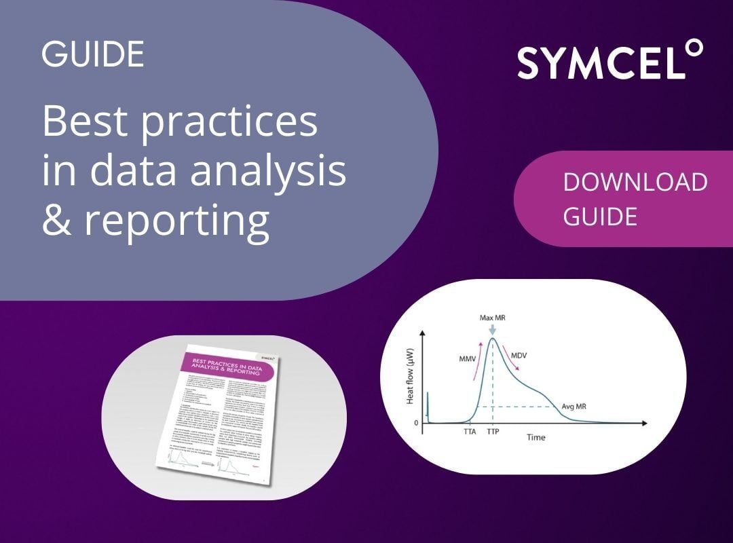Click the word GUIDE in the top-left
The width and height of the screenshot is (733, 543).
[x=93, y=54]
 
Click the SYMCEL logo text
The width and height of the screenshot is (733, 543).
[x=597, y=62]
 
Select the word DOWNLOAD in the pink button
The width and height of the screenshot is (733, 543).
[x=635, y=183]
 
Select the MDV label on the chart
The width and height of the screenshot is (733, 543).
[x=521, y=356]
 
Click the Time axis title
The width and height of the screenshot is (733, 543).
[x=536, y=437]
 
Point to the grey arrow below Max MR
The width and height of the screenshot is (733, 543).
[x=493, y=329]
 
